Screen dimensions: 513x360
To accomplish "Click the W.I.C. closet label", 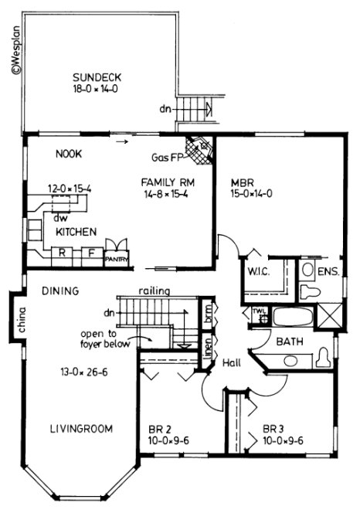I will pos(257,272).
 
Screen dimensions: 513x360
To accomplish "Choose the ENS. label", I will pos(328,272).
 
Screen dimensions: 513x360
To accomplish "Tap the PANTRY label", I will pos(115,260).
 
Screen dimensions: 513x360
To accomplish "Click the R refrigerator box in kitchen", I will pos(64,252).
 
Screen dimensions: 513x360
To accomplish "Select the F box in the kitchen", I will pos(90,252).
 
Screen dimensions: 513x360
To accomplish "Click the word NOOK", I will pos(69,153).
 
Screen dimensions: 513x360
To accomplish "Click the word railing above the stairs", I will pos(155,290).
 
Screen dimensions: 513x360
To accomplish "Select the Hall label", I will pos(230,362).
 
